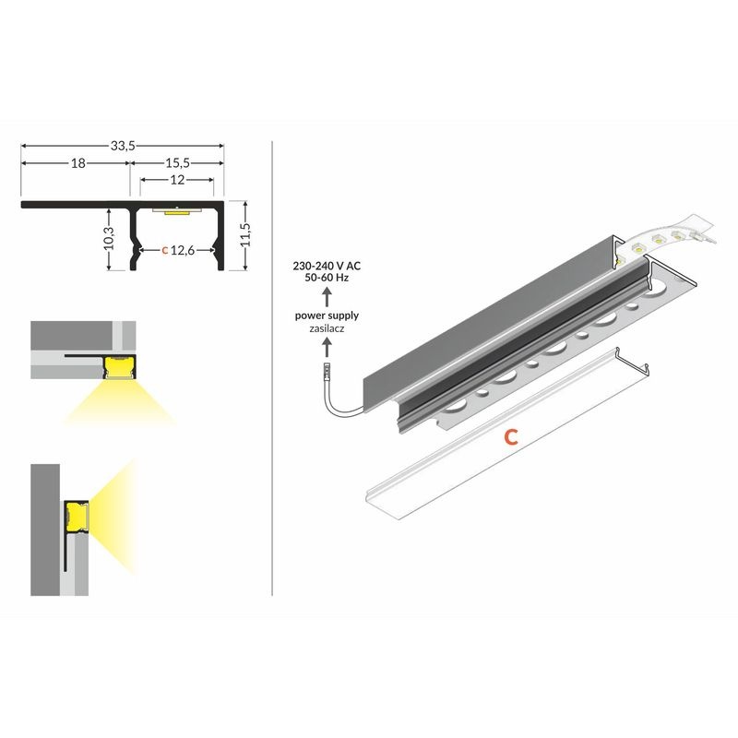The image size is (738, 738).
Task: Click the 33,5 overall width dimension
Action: click(123, 146)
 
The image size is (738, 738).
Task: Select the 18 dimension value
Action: click(78, 163)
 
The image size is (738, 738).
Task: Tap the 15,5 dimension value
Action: click(177, 163)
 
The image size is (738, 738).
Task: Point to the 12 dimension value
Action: click(177, 180)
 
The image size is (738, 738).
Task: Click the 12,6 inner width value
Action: click(183, 250)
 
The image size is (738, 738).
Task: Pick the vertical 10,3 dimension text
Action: click(109, 238)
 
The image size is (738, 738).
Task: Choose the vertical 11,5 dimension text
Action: click(245, 234)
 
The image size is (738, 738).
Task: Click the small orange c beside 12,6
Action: click(165, 251)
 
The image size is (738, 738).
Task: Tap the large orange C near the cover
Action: click(511, 437)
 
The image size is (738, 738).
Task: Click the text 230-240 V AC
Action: click(327, 266)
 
